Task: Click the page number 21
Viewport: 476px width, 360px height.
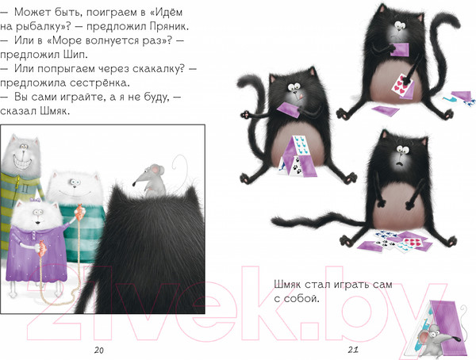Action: [x=355, y=350]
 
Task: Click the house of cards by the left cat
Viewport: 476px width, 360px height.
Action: [x=297, y=153]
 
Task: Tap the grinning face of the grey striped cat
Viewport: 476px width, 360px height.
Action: [x=22, y=159]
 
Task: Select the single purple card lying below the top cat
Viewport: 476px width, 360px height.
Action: [x=389, y=109]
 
